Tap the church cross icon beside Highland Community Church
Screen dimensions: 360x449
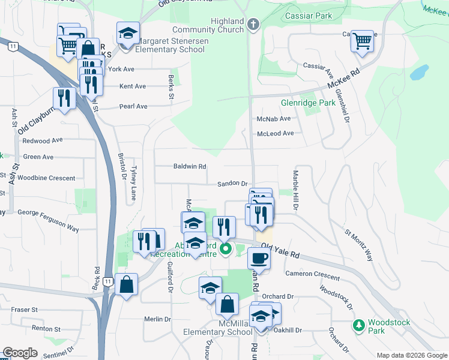[253, 25]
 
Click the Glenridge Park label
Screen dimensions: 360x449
[325, 103]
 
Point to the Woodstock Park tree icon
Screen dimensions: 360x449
[358, 325]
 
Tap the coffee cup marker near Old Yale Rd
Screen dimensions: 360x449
[259, 258]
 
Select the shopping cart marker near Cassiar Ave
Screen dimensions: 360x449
[362, 41]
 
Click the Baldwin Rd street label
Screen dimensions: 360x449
[190, 166]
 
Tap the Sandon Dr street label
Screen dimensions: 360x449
[232, 183]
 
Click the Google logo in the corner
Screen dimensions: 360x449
[20, 353]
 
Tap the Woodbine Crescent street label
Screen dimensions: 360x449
[46, 178]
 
